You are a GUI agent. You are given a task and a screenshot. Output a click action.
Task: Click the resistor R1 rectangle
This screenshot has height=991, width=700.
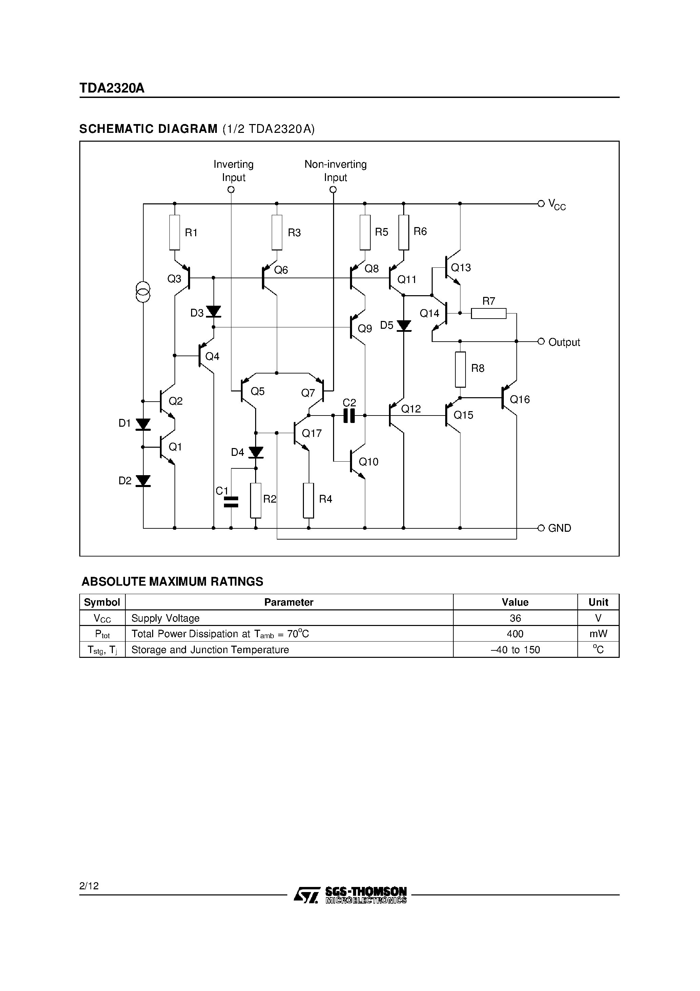tap(174, 232)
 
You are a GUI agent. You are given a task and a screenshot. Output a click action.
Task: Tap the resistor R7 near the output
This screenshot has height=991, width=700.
tap(488, 314)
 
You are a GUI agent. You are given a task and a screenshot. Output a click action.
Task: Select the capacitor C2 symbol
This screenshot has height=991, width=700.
tap(349, 416)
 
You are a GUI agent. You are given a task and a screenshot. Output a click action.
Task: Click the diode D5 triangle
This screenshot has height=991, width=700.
tap(404, 326)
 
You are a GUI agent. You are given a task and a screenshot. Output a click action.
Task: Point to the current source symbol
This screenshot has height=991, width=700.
tap(143, 292)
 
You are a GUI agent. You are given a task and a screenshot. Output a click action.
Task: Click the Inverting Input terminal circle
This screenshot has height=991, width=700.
tap(231, 190)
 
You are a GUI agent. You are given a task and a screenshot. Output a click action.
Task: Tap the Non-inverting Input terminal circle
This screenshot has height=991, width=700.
tap(333, 190)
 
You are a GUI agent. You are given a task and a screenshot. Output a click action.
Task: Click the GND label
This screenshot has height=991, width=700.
tap(559, 528)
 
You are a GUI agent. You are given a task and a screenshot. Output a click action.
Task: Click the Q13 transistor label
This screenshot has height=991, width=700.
tap(460, 268)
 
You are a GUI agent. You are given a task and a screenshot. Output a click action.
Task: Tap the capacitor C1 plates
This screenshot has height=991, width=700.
tap(231, 502)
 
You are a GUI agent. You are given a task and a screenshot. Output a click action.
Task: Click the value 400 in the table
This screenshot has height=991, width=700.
tap(515, 634)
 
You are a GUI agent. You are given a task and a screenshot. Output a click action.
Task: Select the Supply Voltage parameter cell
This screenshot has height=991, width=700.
tap(165, 619)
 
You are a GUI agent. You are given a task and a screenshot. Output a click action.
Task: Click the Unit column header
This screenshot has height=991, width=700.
tap(598, 602)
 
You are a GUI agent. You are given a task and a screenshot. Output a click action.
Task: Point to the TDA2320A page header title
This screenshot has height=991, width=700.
tap(112, 88)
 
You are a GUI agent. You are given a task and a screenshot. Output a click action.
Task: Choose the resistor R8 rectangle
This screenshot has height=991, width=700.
tap(460, 369)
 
